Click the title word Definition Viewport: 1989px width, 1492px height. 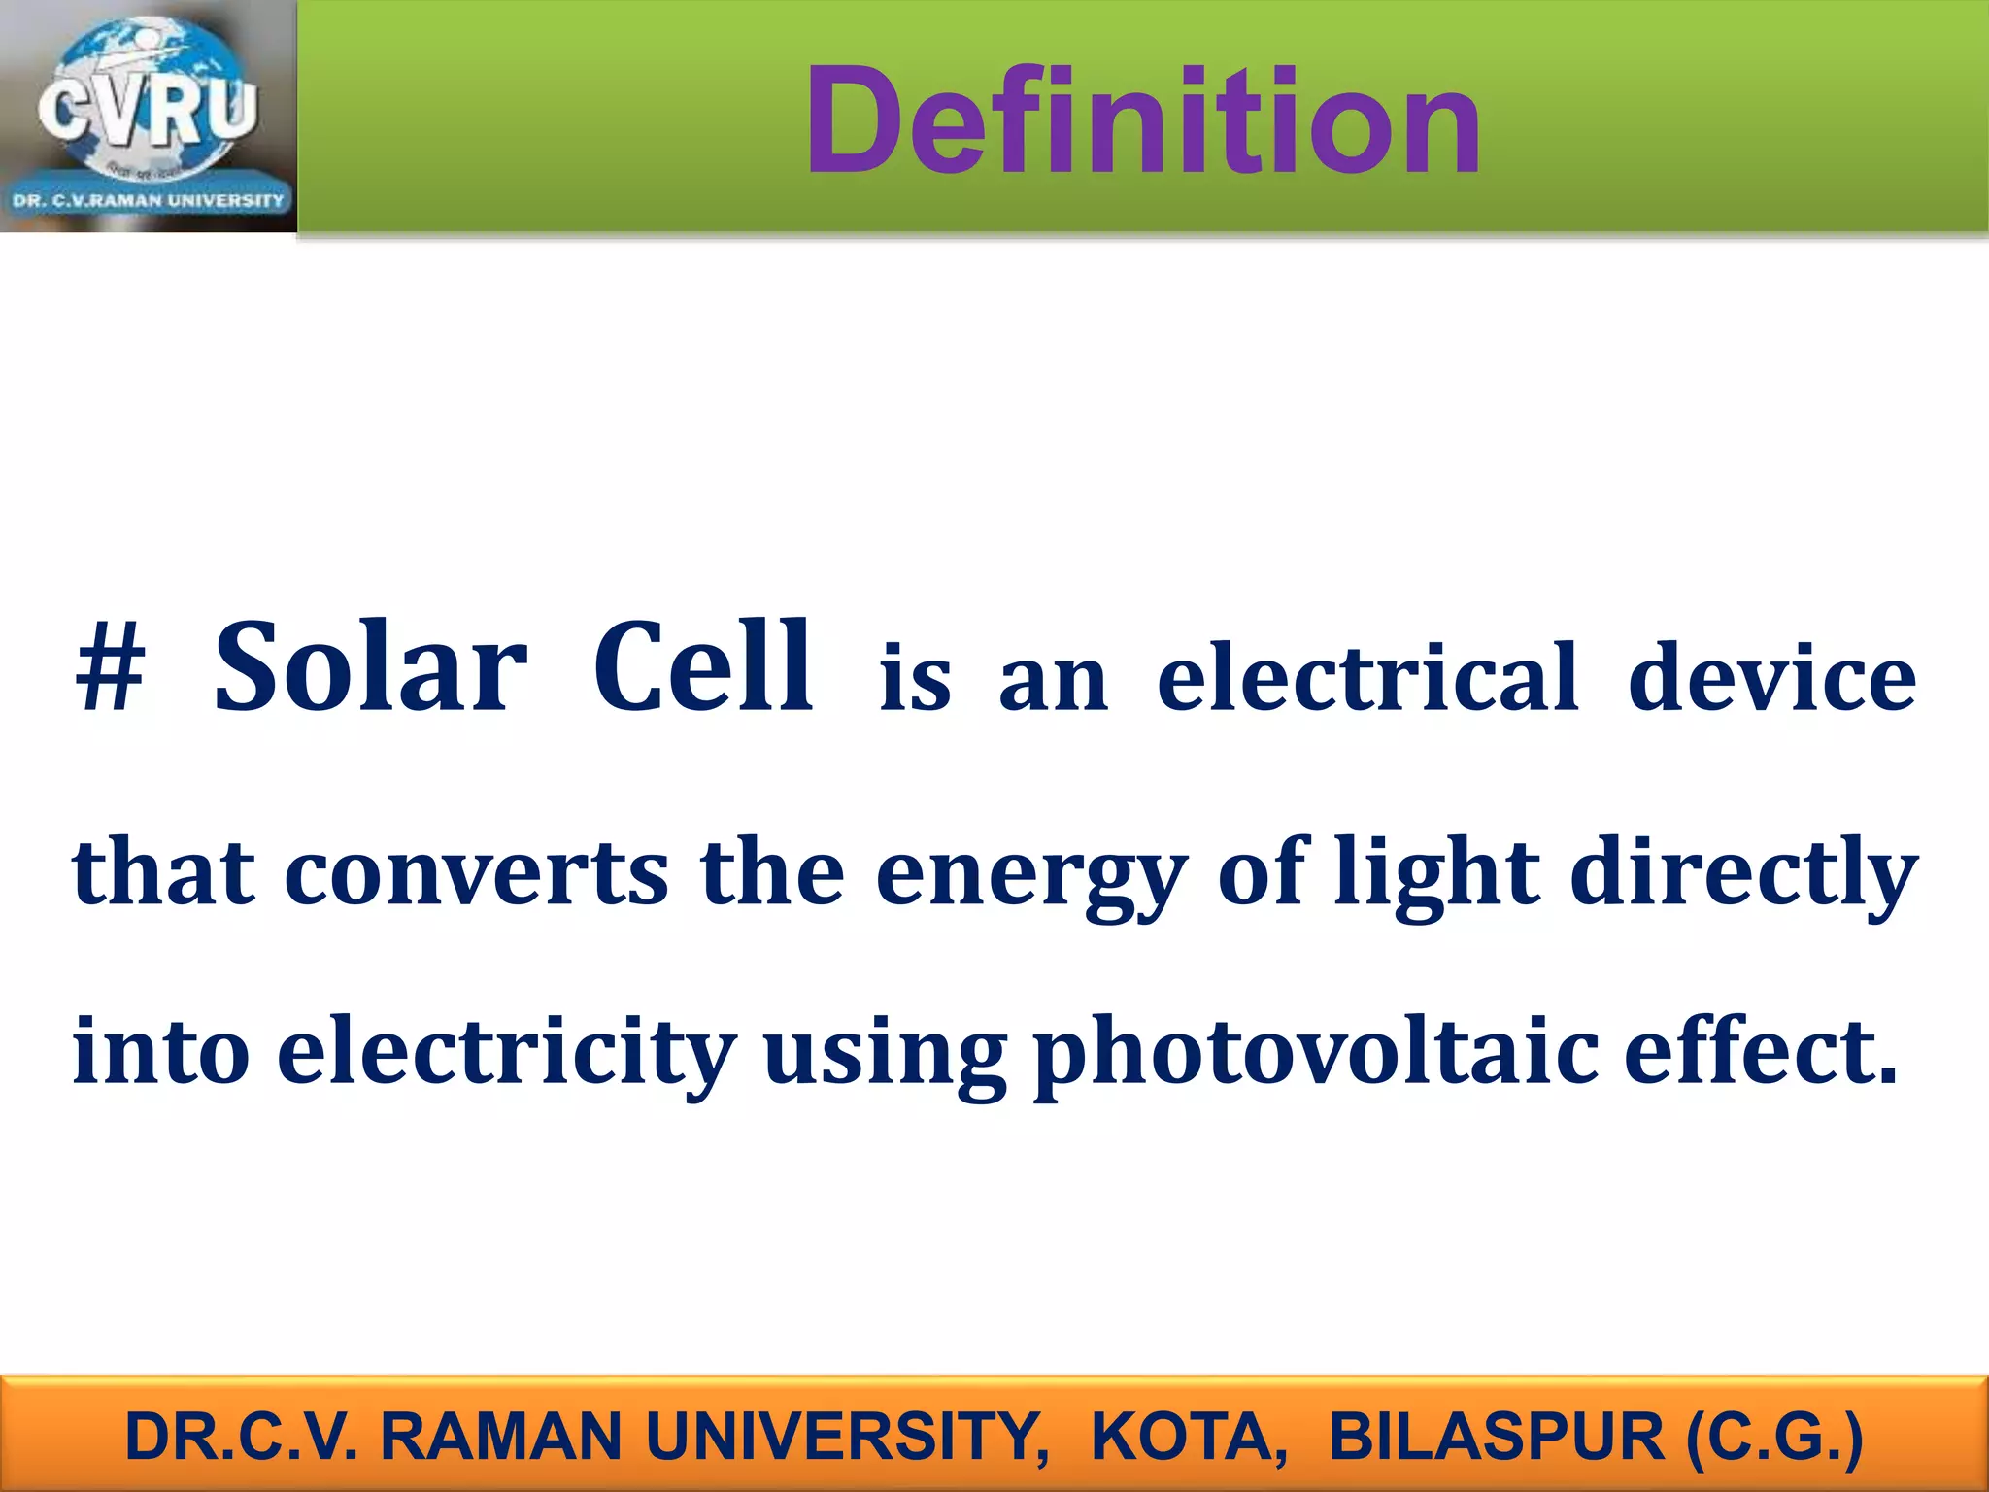1142,121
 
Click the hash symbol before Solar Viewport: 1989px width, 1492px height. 110,669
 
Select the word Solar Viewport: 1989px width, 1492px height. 370,668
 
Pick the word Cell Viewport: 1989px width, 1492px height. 702,668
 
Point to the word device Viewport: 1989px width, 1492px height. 1771,677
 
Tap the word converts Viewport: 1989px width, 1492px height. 476,871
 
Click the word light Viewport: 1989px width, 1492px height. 1437,871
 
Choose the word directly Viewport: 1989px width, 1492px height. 1743,871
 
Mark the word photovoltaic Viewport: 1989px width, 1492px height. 1316,1052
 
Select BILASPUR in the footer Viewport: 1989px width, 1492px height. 1496,1437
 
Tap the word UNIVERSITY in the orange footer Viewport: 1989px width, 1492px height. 846,1437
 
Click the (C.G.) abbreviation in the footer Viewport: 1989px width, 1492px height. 1774,1437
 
